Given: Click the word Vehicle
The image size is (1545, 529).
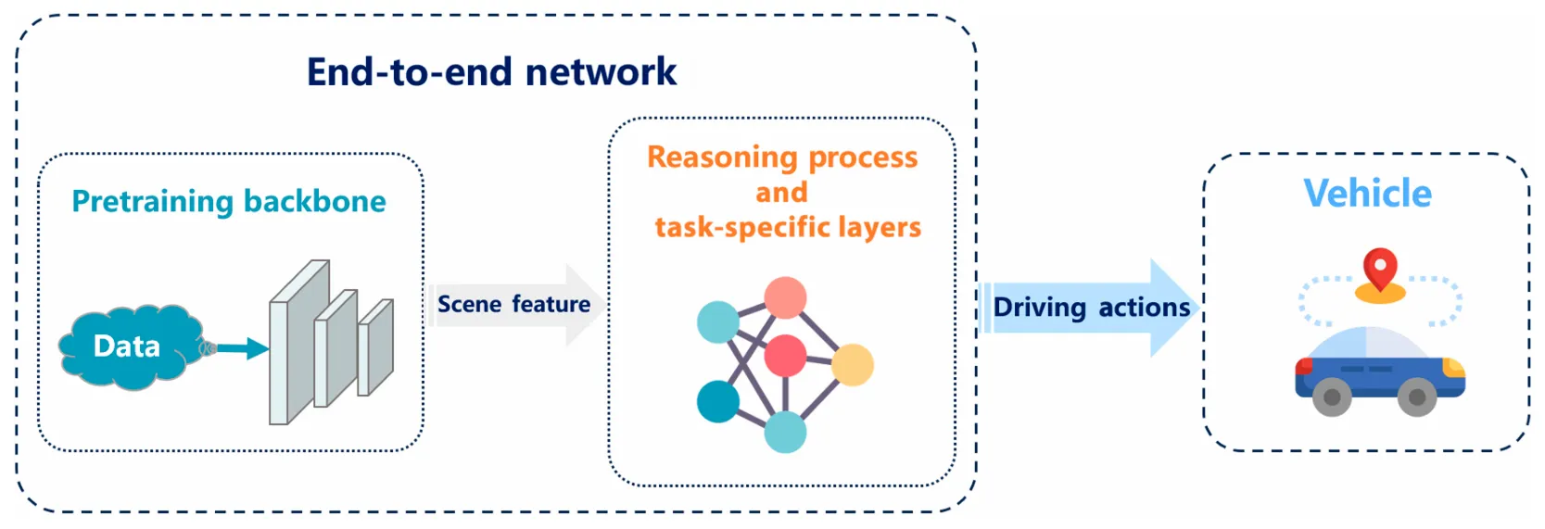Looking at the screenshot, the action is click(x=1367, y=193).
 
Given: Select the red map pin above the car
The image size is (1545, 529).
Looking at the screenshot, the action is click(x=1380, y=269).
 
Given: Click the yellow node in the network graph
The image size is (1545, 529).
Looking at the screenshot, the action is click(x=853, y=365).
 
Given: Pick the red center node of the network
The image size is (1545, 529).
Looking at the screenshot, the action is click(x=786, y=355).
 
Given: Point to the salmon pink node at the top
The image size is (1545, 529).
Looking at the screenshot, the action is click(x=786, y=298).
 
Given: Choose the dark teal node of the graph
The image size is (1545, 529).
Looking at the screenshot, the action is click(x=718, y=401).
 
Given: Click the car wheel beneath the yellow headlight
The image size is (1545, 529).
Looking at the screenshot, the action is click(x=1417, y=397).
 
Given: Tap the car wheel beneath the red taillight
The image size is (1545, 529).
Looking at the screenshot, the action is click(x=1332, y=397).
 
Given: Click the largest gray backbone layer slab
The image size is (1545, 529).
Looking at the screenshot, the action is click(x=299, y=342).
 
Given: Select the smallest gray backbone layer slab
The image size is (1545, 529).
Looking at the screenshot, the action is click(x=375, y=347).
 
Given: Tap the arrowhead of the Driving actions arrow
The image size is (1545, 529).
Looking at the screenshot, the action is click(x=1174, y=308).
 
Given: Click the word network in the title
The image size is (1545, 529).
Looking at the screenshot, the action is click(x=601, y=71).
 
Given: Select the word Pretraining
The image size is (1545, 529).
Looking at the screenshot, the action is click(x=153, y=202).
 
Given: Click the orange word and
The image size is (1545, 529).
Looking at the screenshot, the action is click(x=781, y=193).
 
